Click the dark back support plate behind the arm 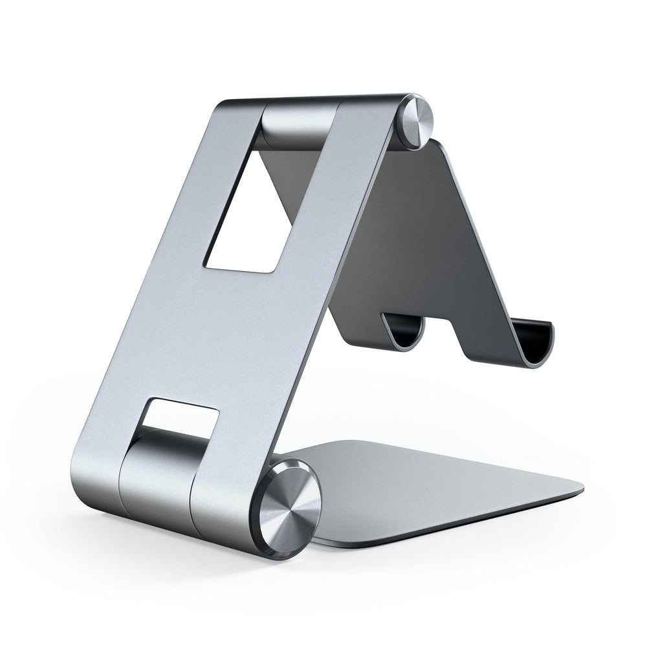[x=414, y=246]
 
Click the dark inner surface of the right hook [x=536, y=340]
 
